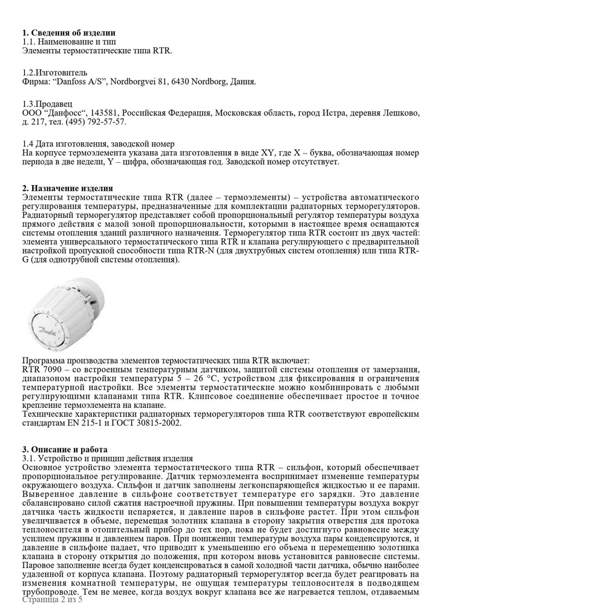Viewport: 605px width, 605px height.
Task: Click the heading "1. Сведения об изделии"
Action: tap(68, 33)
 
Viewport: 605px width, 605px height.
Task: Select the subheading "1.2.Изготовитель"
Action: tap(54, 73)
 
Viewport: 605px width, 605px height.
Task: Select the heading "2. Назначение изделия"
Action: tap(67, 189)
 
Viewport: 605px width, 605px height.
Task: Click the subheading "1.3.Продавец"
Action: tap(47, 104)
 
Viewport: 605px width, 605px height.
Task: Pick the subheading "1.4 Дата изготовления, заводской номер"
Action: tap(98, 144)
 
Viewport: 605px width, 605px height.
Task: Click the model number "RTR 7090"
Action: tap(41, 370)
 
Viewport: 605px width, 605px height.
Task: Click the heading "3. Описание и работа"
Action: tap(65, 450)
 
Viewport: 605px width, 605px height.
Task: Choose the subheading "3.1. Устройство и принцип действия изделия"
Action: tap(108, 459)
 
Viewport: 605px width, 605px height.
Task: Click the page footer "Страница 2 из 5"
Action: tap(52, 599)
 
